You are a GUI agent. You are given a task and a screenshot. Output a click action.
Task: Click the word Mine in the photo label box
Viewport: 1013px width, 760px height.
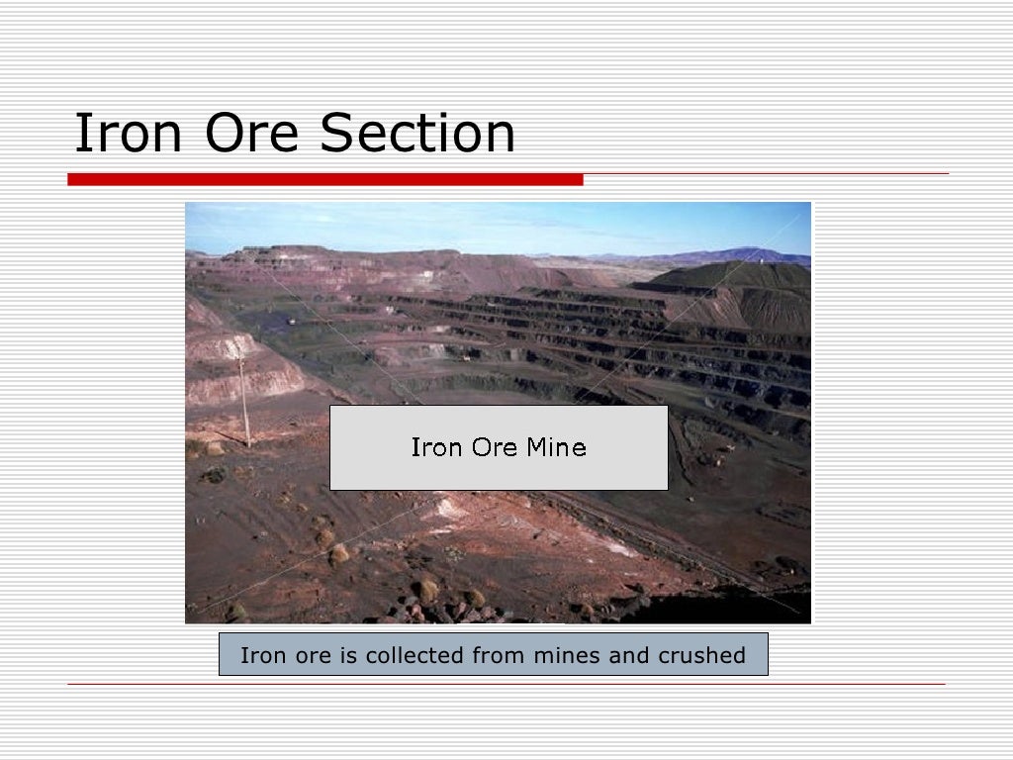(x=556, y=447)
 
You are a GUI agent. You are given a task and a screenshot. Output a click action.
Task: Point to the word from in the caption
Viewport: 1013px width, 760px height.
(x=500, y=655)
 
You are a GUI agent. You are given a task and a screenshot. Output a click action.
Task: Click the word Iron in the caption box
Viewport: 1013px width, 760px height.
(x=260, y=655)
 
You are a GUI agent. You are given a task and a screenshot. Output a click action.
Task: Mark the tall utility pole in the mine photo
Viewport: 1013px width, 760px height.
(x=244, y=401)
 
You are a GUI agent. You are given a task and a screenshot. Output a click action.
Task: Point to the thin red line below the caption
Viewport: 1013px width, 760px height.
(x=506, y=684)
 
